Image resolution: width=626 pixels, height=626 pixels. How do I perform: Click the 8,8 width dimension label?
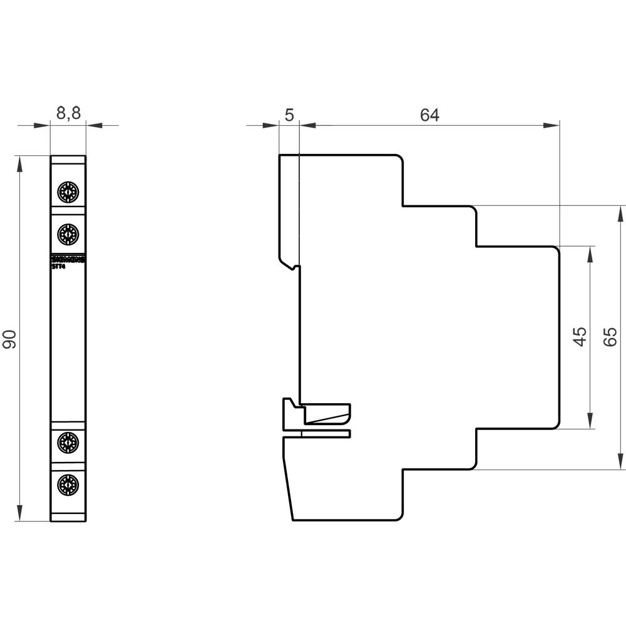click(68, 113)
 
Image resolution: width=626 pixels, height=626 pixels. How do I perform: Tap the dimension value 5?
click(289, 115)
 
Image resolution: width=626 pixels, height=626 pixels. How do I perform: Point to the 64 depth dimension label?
click(429, 115)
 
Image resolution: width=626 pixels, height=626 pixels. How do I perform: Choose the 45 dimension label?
click(580, 337)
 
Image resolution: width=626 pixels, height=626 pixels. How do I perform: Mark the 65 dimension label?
click(610, 337)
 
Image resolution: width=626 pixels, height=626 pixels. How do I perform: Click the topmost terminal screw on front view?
click(68, 191)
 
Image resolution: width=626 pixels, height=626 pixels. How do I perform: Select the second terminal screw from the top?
click(68, 235)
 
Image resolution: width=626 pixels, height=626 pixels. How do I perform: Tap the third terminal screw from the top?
click(68, 443)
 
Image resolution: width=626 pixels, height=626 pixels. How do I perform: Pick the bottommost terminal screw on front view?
click(68, 484)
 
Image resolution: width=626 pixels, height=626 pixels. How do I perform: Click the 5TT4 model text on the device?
click(58, 266)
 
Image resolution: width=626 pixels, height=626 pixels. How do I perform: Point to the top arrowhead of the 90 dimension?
click(20, 163)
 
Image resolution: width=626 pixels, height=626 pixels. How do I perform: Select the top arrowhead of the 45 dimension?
click(590, 254)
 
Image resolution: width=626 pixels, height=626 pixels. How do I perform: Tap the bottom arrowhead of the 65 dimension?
click(620, 461)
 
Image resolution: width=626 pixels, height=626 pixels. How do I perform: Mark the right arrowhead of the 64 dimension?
click(551, 126)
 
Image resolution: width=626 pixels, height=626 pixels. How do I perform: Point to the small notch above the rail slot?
click(294, 267)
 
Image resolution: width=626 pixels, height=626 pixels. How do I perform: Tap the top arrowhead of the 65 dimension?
click(620, 213)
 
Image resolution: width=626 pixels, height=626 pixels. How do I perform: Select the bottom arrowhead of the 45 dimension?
click(590, 421)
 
